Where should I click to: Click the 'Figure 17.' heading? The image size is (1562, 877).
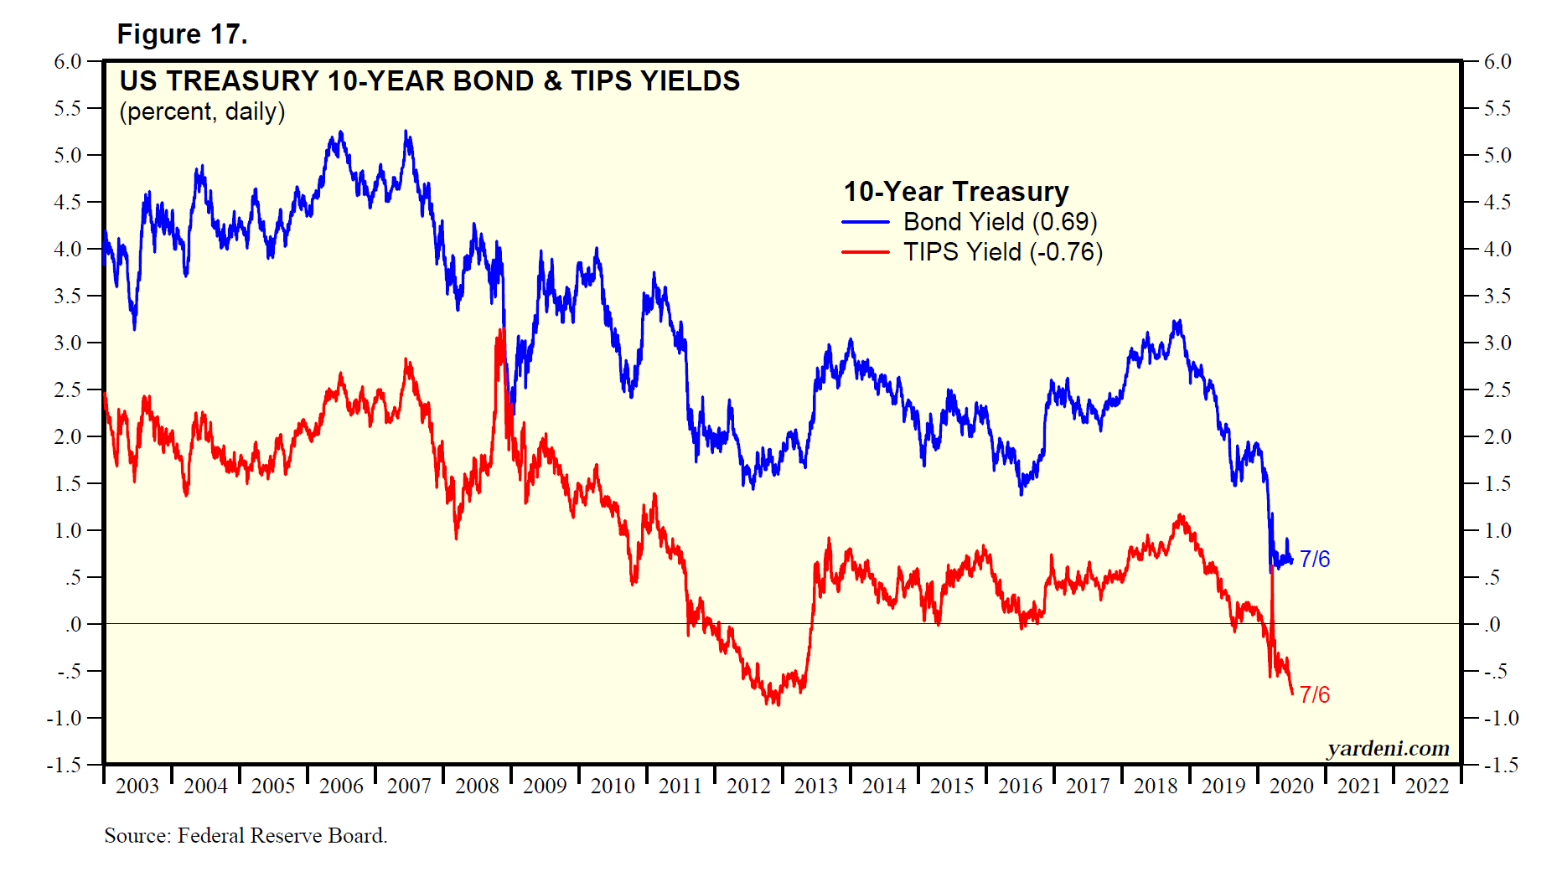[182, 34]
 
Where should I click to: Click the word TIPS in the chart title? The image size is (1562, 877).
[603, 81]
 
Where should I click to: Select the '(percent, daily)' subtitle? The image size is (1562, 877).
[202, 112]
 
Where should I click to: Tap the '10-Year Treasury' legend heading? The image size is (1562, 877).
[955, 192]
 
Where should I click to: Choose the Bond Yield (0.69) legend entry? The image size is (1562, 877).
[999, 222]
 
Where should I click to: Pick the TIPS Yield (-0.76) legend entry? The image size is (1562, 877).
[1002, 252]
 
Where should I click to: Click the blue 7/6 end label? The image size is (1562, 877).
[1315, 559]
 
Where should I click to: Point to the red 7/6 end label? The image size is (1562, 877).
[1315, 694]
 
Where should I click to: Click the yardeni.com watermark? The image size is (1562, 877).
[1388, 748]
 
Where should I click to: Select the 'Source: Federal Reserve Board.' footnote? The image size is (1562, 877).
[246, 835]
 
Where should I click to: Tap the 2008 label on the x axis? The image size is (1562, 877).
[477, 786]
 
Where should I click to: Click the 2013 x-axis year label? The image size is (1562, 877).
[816, 786]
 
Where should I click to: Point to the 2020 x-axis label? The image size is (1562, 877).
[1291, 786]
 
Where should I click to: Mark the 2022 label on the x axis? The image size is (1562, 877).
[1427, 786]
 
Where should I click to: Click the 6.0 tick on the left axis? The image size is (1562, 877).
[68, 61]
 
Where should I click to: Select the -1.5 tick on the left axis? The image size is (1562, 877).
[65, 765]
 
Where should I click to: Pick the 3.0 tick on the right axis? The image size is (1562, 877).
[1497, 343]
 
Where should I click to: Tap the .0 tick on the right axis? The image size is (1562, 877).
[1492, 624]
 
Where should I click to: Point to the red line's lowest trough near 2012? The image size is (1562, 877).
[778, 704]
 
